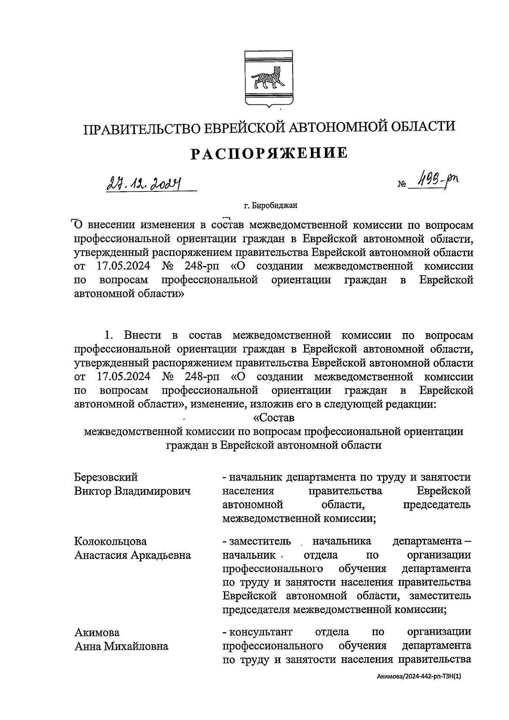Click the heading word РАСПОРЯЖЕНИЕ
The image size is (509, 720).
[268, 153]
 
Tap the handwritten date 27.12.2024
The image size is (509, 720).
[144, 184]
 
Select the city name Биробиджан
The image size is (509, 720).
[274, 206]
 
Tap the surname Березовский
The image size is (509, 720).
[106, 477]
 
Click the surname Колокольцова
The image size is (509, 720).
[110, 541]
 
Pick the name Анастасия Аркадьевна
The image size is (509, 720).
[132, 555]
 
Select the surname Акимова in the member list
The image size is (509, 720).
[97, 632]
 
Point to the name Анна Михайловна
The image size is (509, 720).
[121, 646]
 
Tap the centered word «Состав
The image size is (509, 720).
[273, 417]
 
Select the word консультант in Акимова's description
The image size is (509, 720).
[260, 632]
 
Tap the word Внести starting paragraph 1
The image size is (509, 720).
[143, 335]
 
